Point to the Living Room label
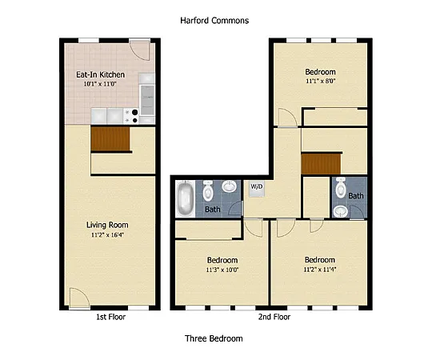[107, 225]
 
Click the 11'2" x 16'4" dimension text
[107, 234]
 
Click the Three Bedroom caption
[214, 338]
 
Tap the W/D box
[257, 187]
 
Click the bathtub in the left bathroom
[185, 198]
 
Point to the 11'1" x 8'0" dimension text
[320, 81]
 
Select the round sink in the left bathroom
[230, 188]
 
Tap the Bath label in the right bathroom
[355, 196]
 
